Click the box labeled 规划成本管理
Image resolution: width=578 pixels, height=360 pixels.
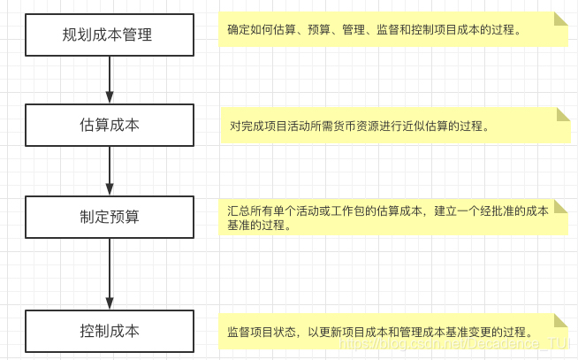click(108, 35)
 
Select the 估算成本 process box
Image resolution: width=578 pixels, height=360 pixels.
click(108, 125)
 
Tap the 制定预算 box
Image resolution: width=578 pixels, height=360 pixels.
click(108, 216)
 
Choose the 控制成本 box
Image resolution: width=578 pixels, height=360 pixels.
click(108, 331)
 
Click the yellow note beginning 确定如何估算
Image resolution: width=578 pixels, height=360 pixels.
click(393, 30)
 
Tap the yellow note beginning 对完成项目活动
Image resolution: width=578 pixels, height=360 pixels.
click(393, 126)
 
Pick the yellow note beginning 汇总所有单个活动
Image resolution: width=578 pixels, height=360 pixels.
click(393, 218)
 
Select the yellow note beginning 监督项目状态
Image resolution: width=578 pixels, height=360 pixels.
click(393, 332)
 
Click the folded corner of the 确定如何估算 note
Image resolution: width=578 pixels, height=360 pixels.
click(561, 19)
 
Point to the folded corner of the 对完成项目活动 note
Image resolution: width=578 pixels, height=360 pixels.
click(562, 114)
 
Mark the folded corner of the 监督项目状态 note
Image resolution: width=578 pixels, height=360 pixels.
click(561, 320)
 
